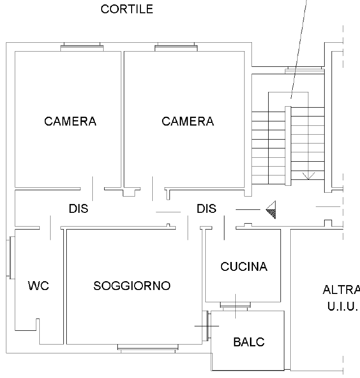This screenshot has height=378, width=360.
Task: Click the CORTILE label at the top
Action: click(x=127, y=9)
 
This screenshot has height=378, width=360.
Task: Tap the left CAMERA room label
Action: click(x=70, y=121)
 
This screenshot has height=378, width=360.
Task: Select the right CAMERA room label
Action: click(x=188, y=121)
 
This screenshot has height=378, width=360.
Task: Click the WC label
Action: click(x=38, y=286)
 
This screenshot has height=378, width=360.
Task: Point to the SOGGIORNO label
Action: click(x=132, y=286)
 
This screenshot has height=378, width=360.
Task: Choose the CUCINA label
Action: click(x=244, y=267)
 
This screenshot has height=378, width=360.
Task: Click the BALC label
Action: click(x=249, y=342)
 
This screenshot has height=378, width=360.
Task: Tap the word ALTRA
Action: click(x=341, y=290)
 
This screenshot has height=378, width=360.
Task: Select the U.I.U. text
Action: click(x=342, y=307)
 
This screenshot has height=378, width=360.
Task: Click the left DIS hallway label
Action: click(x=79, y=209)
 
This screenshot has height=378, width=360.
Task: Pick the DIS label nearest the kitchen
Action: click(x=207, y=209)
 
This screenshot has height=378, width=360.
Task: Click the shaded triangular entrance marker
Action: click(x=272, y=210)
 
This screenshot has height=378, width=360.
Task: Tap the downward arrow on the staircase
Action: click(x=308, y=175)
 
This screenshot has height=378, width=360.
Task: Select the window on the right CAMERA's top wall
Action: click(x=176, y=48)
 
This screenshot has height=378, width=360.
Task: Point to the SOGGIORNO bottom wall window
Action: click(x=147, y=348)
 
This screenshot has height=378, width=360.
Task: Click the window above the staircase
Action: click(x=305, y=70)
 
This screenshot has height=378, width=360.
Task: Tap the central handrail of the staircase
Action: click(x=288, y=145)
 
